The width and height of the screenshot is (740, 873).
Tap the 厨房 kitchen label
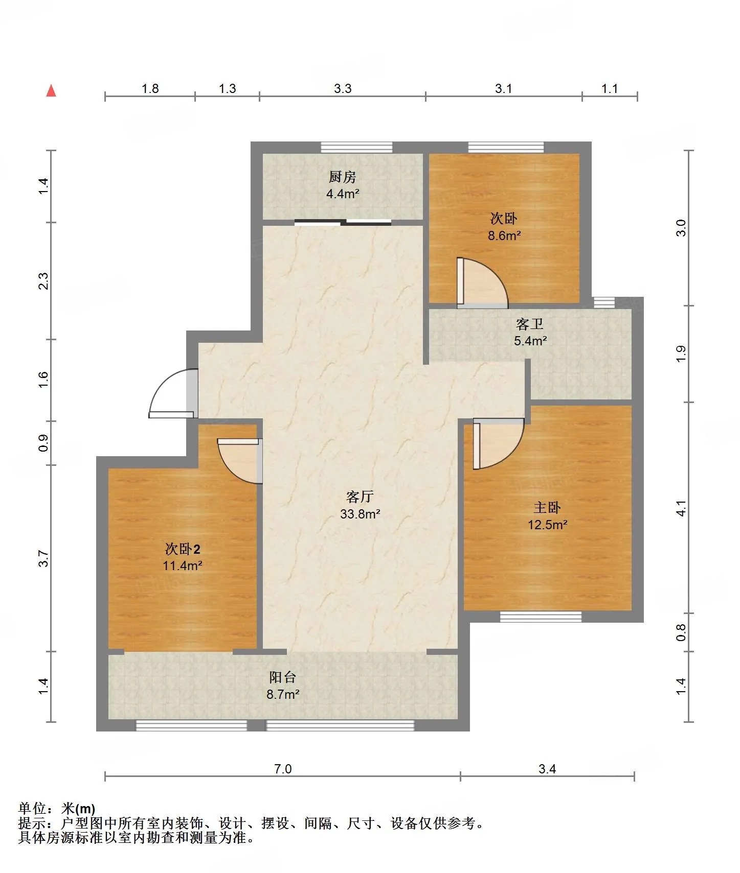pyautogui.click(x=343, y=177)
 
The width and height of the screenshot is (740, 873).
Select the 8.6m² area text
pyautogui.click(x=504, y=235)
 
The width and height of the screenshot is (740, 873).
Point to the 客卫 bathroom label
pyautogui.click(x=530, y=324)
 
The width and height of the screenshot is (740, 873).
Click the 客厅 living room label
pyautogui.click(x=360, y=497)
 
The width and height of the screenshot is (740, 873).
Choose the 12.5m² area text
pyautogui.click(x=548, y=525)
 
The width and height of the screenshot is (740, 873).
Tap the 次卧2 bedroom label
pyautogui.click(x=183, y=549)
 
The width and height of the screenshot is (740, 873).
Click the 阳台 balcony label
pyautogui.click(x=283, y=677)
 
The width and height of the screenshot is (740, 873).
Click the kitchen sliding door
pyautogui.click(x=343, y=222)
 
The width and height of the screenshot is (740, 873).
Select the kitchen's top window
pyautogui.click(x=356, y=148)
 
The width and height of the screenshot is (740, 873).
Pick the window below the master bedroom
pyautogui.click(x=541, y=617)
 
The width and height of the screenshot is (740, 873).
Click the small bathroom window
pyautogui.click(x=604, y=302)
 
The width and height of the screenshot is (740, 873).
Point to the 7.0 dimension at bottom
pyautogui.click(x=283, y=769)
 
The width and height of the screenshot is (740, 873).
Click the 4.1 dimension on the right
pyautogui.click(x=681, y=508)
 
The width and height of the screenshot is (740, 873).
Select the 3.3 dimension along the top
pyautogui.click(x=343, y=88)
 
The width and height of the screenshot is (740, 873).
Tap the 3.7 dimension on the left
pyautogui.click(x=44, y=558)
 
